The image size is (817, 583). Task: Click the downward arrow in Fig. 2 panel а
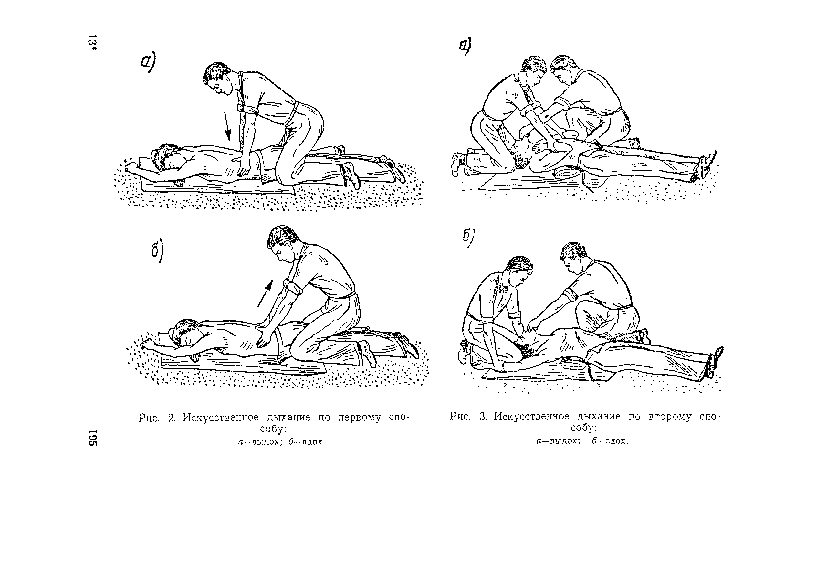(x=227, y=126)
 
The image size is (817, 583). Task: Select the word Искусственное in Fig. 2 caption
(x=221, y=417)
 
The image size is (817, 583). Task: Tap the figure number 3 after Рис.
(x=483, y=417)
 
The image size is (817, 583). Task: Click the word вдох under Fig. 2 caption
(x=312, y=442)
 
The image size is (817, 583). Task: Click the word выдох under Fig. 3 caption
(x=563, y=441)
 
